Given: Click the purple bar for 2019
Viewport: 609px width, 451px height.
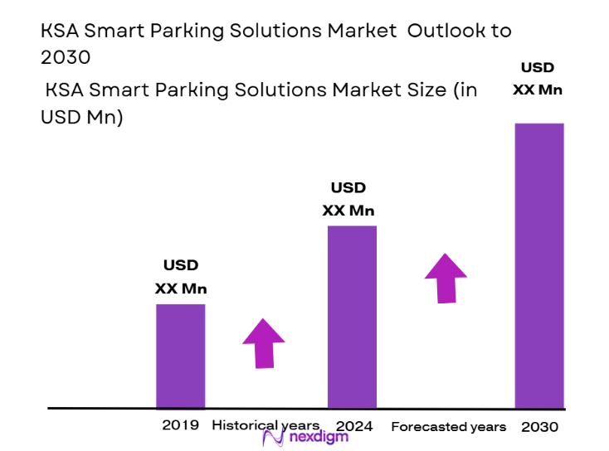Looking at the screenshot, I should [x=180, y=356].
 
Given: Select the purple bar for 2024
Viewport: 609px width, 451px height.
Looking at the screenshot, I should [x=352, y=317].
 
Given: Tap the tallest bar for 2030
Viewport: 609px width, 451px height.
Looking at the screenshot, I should [x=539, y=265].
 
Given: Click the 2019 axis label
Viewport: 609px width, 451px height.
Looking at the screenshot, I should [x=181, y=425].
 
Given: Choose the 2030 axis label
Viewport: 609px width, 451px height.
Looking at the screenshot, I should [x=540, y=426].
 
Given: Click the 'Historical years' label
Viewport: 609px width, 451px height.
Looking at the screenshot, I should [x=266, y=425].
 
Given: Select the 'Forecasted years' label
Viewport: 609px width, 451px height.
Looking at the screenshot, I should [x=448, y=426].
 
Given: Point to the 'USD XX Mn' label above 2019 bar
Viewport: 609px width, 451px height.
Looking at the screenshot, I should [x=181, y=277].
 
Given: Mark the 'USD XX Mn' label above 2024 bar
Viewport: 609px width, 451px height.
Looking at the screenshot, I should [x=348, y=199].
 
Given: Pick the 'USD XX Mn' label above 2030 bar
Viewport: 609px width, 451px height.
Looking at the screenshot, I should [x=537, y=79].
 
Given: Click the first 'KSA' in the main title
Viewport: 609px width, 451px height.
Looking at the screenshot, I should [x=59, y=32].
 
